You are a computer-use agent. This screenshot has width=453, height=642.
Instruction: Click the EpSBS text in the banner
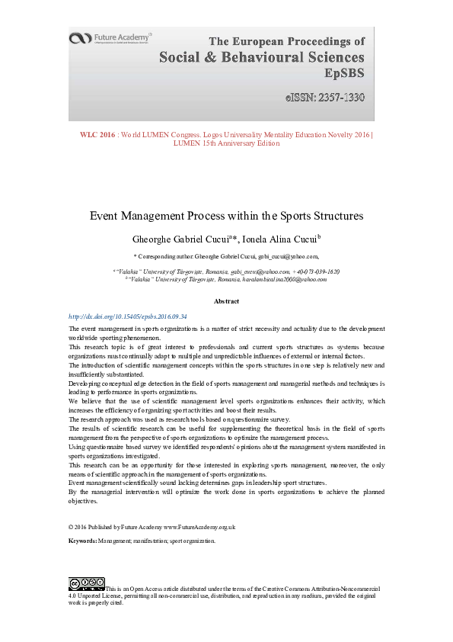[x=344, y=75]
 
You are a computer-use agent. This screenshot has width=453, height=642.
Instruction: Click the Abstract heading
[x=226, y=302]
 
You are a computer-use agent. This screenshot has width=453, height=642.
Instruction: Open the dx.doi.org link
[x=128, y=316]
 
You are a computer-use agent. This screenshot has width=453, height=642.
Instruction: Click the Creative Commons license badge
[x=86, y=584]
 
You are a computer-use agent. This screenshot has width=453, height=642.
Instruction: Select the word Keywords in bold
[x=82, y=541]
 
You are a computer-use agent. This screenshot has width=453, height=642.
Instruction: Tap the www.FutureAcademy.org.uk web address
[x=199, y=526]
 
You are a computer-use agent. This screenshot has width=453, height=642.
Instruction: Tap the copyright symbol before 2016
[x=70, y=526]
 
